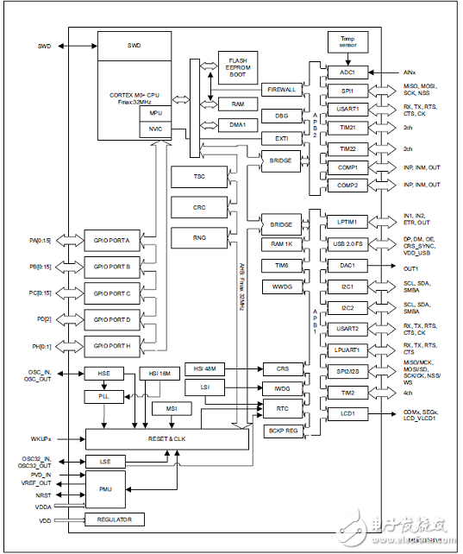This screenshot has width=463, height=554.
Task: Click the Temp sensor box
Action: click(x=347, y=42)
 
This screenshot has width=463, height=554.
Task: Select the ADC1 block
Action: click(x=347, y=72)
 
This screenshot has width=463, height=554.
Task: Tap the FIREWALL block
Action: click(x=281, y=89)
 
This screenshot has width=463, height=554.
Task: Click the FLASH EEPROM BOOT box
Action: click(x=237, y=66)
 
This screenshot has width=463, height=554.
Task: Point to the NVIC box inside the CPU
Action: click(x=155, y=129)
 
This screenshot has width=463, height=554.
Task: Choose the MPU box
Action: click(x=155, y=114)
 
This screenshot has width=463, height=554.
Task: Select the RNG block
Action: click(x=199, y=236)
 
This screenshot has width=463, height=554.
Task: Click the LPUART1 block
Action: click(x=347, y=349)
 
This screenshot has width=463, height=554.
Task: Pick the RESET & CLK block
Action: click(x=167, y=439)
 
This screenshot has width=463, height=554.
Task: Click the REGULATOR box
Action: click(x=115, y=519)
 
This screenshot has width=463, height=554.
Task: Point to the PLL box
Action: click(x=103, y=397)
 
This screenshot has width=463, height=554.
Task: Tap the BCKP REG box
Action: click(x=281, y=429)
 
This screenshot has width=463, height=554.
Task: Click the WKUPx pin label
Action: click(x=41, y=438)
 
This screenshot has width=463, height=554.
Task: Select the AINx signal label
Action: click(x=412, y=72)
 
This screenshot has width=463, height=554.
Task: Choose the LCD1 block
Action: click(x=347, y=413)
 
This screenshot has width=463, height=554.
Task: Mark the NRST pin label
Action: click(x=44, y=495)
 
